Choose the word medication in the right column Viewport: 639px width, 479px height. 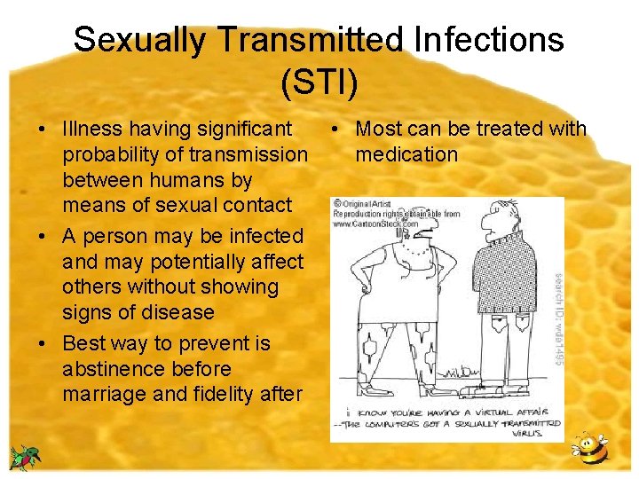click(406, 154)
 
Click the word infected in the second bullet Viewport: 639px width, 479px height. click(265, 237)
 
